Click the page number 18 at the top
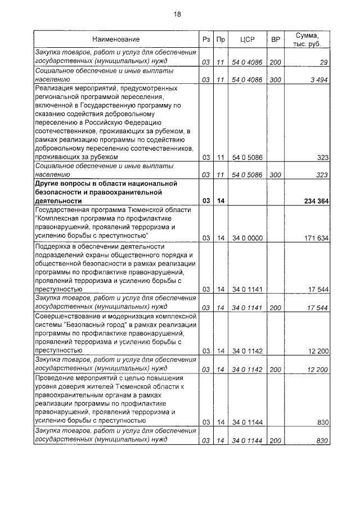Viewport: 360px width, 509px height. pos(178,13)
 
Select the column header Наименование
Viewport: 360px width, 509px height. pos(116,39)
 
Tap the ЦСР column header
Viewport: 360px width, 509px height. pos(247,39)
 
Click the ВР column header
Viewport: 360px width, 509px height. pos(275,39)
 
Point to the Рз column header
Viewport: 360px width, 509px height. pos(206,39)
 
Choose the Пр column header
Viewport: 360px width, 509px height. pos(221,39)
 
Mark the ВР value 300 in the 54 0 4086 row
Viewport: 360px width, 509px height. pos(275,80)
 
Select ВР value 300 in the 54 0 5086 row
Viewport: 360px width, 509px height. pos(275,175)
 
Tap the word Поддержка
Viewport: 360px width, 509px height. pos(55,246)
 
